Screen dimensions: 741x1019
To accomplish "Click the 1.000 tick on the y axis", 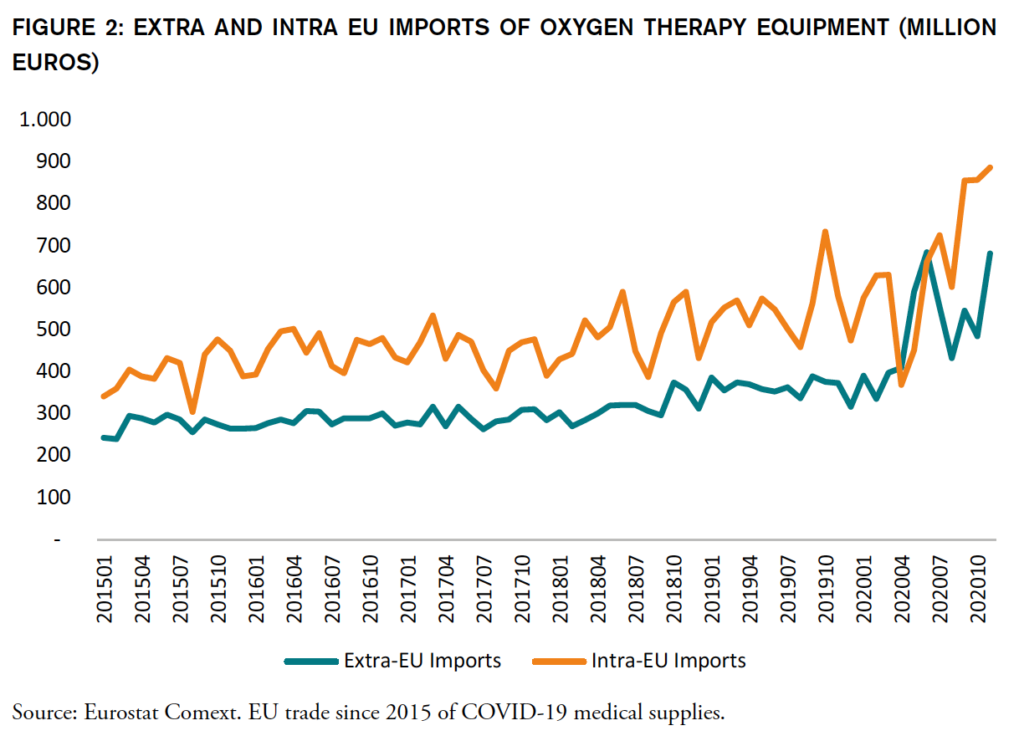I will (x=45, y=119).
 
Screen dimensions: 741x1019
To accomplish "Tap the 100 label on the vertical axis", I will (x=54, y=497).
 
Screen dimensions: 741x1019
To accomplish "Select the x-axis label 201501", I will (x=105, y=589).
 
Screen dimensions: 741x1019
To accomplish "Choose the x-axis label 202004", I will (x=902, y=589).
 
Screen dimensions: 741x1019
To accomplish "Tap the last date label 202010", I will (x=977, y=589).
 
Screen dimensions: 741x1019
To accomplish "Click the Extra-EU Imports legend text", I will (x=422, y=661).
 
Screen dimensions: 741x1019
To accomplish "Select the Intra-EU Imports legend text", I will (x=668, y=661).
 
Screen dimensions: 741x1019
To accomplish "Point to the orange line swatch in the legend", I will (x=559, y=661).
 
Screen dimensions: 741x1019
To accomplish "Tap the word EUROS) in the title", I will (x=55, y=64).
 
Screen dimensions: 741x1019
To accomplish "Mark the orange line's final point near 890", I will (x=990, y=167).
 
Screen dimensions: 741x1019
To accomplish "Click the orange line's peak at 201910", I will (x=826, y=232).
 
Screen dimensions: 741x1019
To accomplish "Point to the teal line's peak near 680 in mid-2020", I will (x=926, y=253).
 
